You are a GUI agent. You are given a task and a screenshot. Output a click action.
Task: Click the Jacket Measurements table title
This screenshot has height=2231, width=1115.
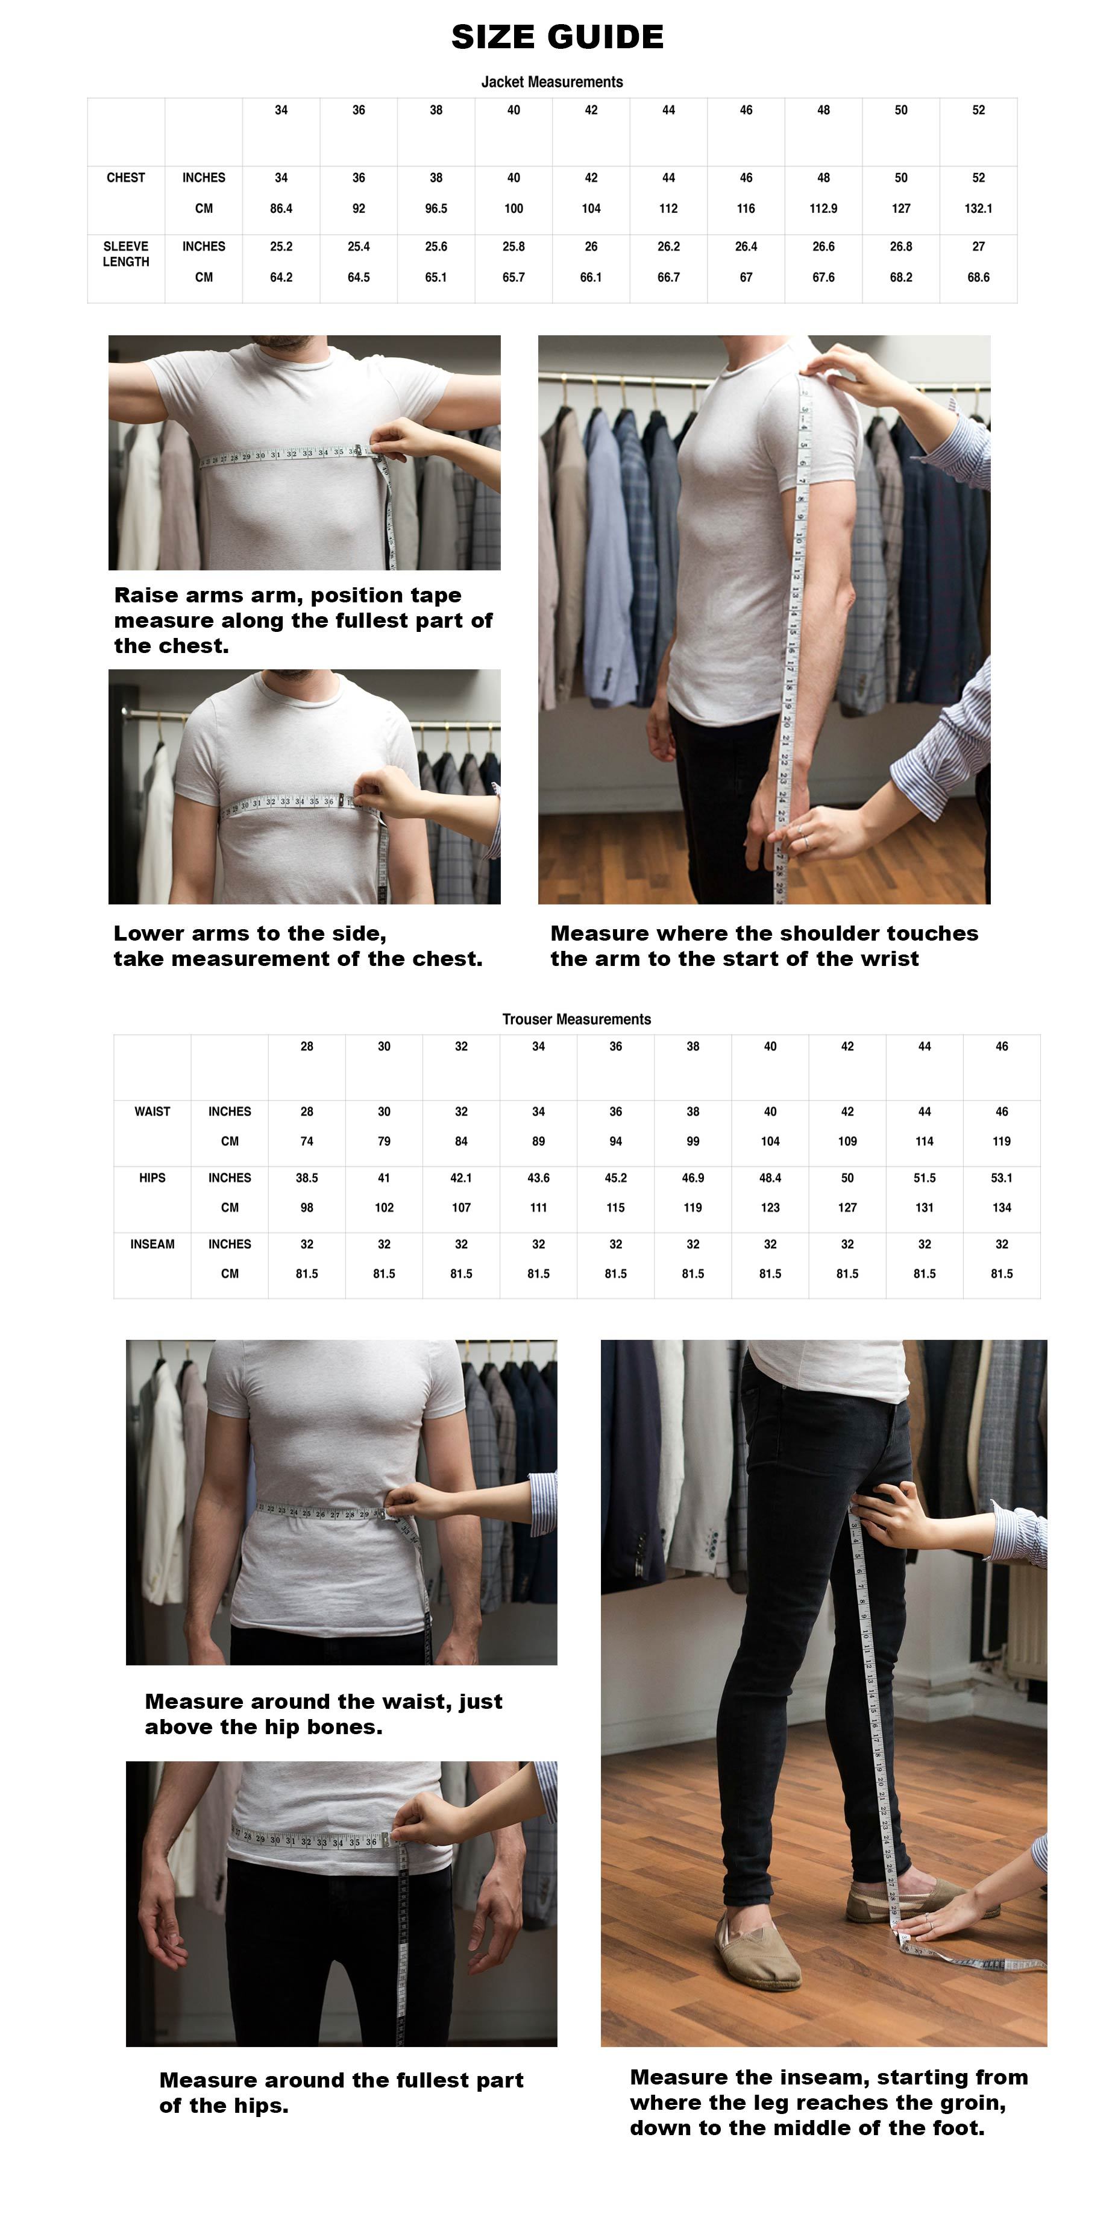click(552, 81)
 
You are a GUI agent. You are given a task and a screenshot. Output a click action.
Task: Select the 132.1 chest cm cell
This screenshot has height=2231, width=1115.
click(978, 209)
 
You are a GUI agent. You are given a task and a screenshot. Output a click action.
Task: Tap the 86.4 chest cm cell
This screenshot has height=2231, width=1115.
click(281, 209)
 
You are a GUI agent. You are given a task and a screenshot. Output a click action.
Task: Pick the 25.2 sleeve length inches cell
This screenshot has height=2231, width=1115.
click(281, 247)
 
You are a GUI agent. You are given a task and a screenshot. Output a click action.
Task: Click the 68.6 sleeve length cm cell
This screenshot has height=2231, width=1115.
click(978, 277)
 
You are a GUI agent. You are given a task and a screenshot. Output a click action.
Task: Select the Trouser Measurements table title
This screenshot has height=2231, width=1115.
click(577, 1020)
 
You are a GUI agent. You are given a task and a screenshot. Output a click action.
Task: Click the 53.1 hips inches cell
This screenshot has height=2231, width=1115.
click(1002, 1178)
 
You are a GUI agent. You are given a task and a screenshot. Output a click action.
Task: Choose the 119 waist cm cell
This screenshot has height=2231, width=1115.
click(1002, 1141)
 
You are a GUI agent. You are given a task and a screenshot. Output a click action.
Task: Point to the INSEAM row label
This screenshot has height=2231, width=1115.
click(152, 1244)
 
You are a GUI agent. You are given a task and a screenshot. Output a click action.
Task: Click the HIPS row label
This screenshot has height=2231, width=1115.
click(152, 1178)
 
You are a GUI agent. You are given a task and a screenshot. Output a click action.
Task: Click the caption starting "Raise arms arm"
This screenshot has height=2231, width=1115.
click(303, 620)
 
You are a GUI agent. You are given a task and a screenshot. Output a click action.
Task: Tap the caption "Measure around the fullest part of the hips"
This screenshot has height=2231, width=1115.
click(341, 2092)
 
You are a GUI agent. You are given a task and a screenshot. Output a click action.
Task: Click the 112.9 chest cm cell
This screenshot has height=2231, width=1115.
click(823, 209)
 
